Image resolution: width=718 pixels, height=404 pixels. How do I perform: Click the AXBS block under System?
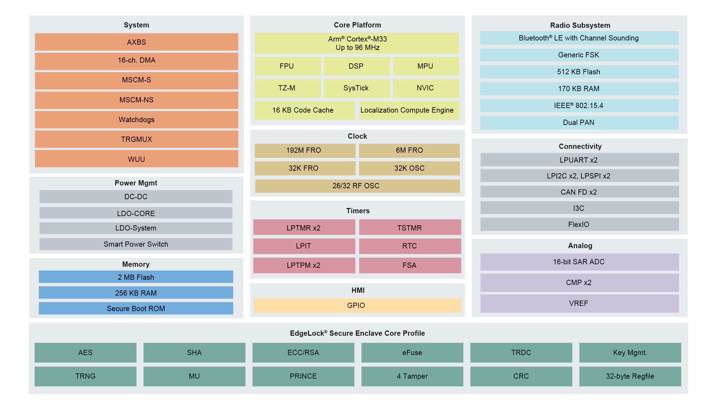136,42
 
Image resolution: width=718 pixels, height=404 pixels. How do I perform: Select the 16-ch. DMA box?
136,61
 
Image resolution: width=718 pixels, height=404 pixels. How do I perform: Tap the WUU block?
136,159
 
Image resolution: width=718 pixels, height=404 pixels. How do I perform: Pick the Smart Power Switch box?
136,244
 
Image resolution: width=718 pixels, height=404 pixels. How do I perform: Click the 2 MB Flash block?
136,277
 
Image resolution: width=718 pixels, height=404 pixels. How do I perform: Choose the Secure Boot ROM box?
136,308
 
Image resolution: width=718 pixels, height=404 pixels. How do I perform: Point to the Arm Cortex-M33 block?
357,43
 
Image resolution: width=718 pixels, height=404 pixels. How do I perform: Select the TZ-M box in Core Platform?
287,88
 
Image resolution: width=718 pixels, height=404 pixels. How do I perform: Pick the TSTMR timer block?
410,228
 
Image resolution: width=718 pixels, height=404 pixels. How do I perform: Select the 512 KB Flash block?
579,72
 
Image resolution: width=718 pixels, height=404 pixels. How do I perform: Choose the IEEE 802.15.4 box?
579,106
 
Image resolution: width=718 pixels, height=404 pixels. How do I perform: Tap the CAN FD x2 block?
579,192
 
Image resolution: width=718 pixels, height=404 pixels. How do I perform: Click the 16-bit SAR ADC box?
579,262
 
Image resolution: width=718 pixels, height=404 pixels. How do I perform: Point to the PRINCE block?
303,376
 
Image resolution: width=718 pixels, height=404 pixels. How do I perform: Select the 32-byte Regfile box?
630,376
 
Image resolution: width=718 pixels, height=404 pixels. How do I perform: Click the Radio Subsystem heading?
580,25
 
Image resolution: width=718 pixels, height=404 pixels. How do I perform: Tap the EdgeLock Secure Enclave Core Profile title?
357,333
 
